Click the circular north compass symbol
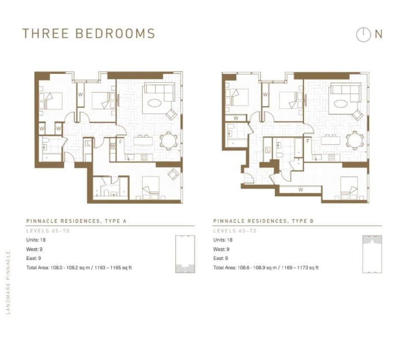click(363, 34)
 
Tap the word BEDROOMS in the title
click(115, 34)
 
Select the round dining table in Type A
click(168, 141)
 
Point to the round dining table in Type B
click(355, 141)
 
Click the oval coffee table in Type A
click(154, 104)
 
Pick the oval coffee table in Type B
click(341, 104)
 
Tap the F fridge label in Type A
click(121, 142)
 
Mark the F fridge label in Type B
click(308, 141)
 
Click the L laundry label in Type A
click(89, 144)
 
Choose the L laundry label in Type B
click(268, 150)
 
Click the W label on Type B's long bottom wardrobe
click(301, 190)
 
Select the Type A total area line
click(79, 268)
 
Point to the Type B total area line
click(266, 268)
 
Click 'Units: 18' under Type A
click(36, 240)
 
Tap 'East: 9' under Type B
click(221, 258)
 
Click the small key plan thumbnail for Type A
click(185, 254)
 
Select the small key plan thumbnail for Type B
click(372, 254)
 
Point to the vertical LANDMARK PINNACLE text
click(8, 283)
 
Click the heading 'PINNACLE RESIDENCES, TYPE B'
click(263, 221)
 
